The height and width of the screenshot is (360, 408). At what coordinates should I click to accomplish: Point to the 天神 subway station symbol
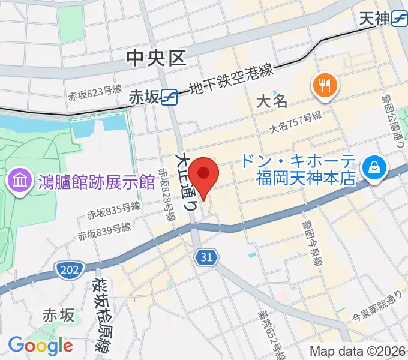pyautogui.click(x=399, y=19)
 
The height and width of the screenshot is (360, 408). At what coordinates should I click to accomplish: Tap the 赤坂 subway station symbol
pyautogui.click(x=169, y=96)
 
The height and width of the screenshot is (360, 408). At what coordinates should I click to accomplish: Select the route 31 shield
pyautogui.click(x=205, y=257)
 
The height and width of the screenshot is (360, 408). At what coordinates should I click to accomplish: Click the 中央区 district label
pyautogui.click(x=157, y=58)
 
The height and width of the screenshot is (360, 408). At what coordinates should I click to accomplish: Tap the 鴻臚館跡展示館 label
pyautogui.click(x=88, y=180)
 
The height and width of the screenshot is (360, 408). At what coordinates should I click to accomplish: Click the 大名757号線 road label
pyautogui.click(x=295, y=121)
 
